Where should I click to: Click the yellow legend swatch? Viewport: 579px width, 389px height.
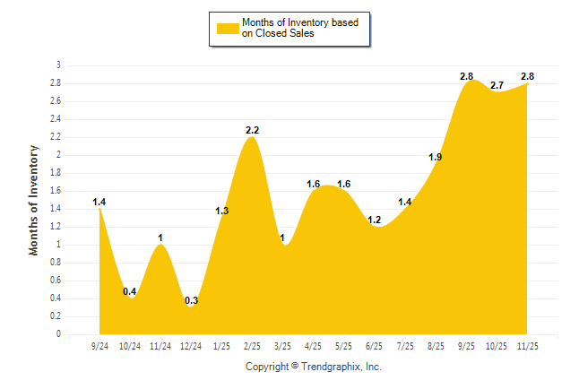pos(227,29)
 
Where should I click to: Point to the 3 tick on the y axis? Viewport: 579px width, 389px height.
pos(58,65)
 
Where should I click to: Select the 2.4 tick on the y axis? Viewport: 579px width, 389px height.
pos(56,119)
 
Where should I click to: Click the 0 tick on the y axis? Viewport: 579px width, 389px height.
pos(58,334)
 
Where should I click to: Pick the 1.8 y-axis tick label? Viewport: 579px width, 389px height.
pos(56,173)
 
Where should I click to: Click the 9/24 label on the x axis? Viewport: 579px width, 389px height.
pos(99,345)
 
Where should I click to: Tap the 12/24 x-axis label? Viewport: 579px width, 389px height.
pos(191,345)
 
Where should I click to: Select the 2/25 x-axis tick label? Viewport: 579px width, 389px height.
pos(252,345)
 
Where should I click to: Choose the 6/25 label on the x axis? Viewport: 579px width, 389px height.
pos(375,345)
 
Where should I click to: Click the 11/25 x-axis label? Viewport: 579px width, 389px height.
pos(528,345)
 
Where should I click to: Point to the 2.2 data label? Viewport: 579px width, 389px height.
pos(252,131)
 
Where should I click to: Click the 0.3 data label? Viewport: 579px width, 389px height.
pos(191,300)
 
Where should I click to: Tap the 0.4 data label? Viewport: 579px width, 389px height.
pos(130,291)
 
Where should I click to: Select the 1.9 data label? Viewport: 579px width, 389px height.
pos(436,157)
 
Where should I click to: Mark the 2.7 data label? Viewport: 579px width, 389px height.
pos(497,85)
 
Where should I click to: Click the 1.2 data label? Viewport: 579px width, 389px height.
pos(375,220)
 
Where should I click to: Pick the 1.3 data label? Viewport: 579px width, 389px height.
pos(222,211)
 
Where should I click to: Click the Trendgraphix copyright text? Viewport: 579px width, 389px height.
pos(314,367)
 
